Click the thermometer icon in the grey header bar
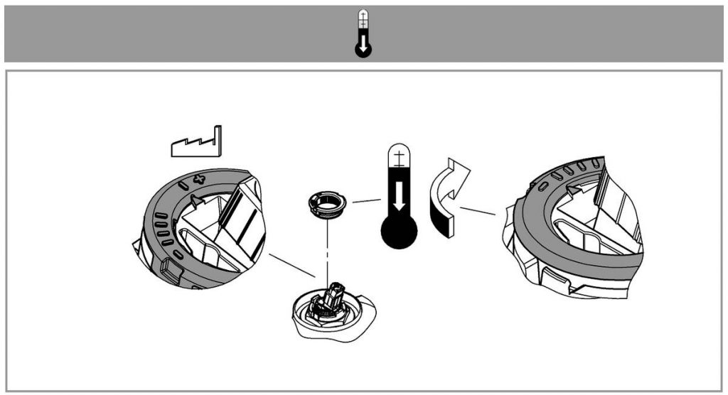[x=363, y=33]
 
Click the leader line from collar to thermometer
[x=366, y=201]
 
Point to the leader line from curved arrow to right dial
[x=477, y=210]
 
